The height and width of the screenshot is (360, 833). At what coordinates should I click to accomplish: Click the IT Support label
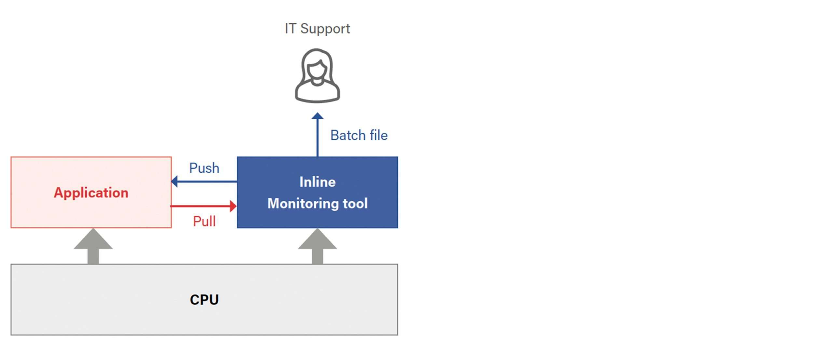[x=317, y=29]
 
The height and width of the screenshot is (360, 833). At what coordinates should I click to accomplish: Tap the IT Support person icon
[x=317, y=76]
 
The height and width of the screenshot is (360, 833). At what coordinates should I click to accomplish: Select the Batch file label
[x=359, y=135]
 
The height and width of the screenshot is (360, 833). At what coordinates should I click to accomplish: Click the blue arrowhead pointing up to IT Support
[x=318, y=116]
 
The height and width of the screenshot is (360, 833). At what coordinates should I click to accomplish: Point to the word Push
[x=204, y=168]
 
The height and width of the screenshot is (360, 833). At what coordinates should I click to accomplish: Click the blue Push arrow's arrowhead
[x=174, y=181]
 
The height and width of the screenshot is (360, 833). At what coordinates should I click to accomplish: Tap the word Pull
[x=204, y=221]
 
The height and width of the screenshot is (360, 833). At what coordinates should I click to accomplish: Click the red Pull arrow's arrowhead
[x=233, y=206]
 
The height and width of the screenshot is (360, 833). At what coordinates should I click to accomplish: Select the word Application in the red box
[x=91, y=193]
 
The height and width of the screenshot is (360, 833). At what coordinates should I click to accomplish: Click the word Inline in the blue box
[x=317, y=182]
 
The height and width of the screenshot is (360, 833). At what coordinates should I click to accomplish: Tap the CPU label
[x=204, y=300]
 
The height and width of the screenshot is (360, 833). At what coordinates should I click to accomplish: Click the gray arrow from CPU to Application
[x=93, y=246]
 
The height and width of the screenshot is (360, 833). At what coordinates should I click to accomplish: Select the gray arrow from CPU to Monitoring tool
[x=318, y=246]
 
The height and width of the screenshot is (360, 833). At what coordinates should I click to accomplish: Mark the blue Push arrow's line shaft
[x=207, y=181]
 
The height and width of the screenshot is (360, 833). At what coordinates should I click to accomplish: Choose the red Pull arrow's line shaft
[x=200, y=206]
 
